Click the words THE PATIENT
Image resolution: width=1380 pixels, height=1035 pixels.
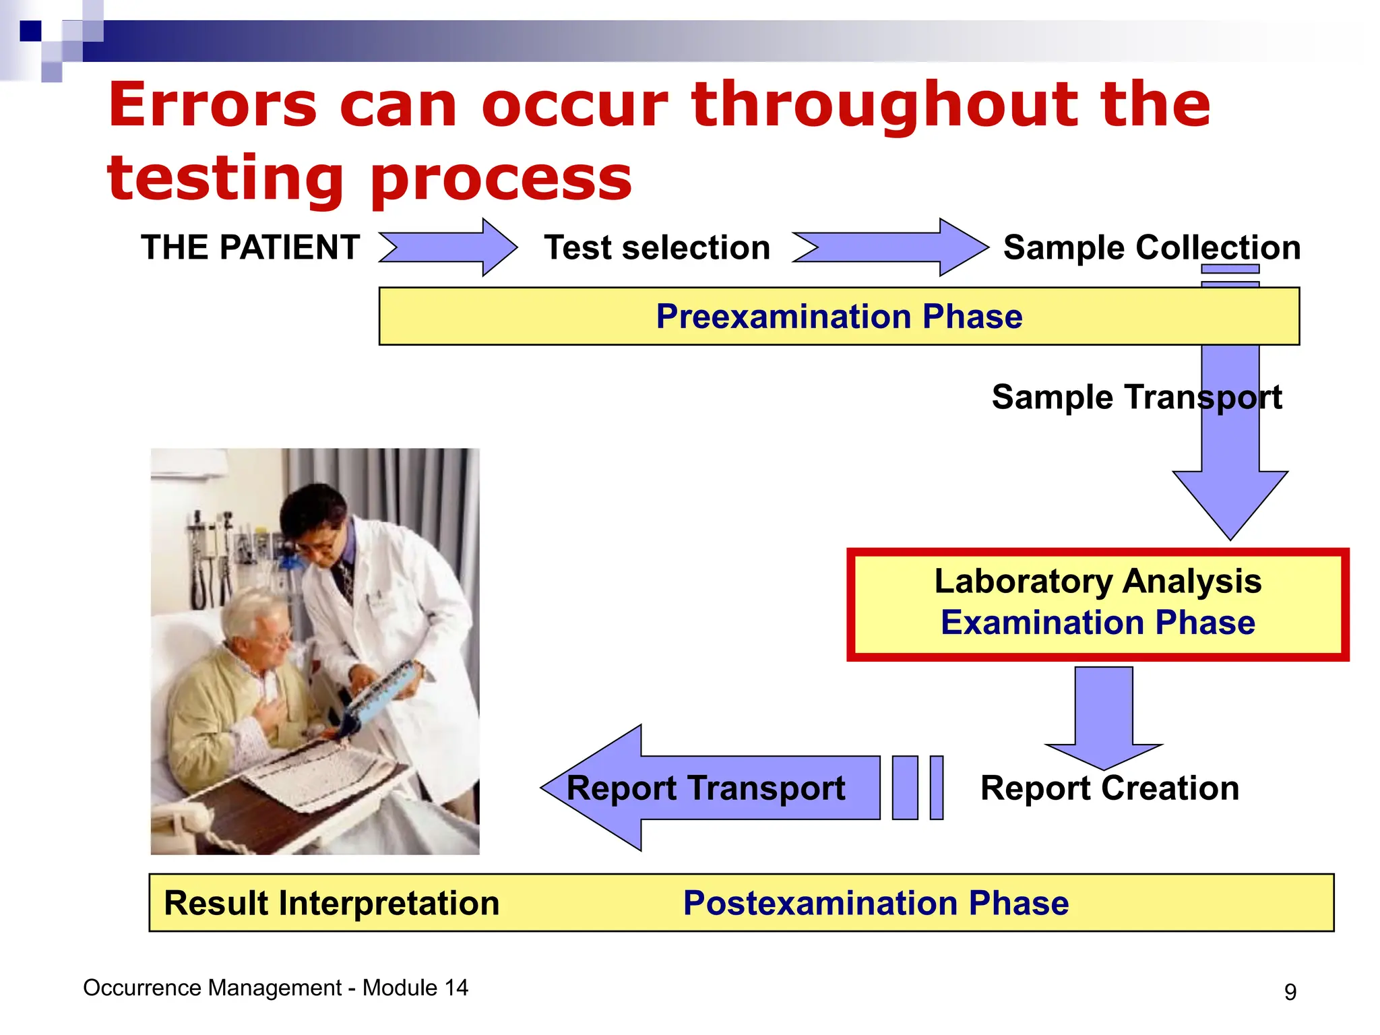(250, 247)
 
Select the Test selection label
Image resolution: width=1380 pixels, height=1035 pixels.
(657, 247)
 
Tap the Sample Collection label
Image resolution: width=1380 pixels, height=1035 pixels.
(1152, 247)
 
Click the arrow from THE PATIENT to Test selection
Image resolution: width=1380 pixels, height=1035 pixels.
(448, 247)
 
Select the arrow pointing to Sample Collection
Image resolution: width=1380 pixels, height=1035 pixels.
(889, 247)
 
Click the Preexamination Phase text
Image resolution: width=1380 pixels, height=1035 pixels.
(839, 317)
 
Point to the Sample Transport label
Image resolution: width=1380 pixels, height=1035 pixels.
(1136, 397)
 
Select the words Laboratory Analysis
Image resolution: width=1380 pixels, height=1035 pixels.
(1098, 581)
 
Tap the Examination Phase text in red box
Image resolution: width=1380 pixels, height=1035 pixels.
(1098, 623)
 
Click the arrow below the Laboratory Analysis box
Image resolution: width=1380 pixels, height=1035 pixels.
(1104, 714)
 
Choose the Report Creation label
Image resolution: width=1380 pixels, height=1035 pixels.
(1109, 788)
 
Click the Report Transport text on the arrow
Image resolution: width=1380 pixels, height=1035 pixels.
(705, 788)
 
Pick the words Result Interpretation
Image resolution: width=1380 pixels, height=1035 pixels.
(332, 904)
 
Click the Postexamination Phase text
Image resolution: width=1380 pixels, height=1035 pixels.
(875, 904)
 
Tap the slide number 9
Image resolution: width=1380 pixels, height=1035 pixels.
(1290, 992)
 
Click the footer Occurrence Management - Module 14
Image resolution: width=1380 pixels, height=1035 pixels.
(275, 988)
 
